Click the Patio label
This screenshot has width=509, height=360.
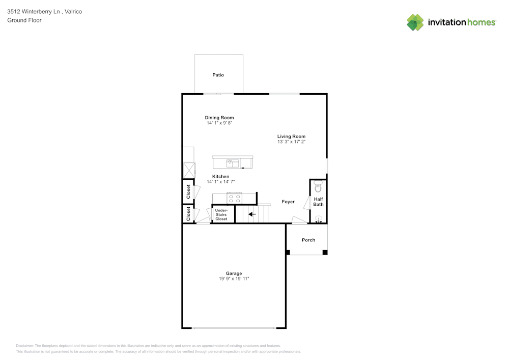coord(218,75)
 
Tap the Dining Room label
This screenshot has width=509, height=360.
coord(219,118)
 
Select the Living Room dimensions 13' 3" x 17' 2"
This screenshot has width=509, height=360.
coord(291,142)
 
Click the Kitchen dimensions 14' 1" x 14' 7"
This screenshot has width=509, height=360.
coord(220,182)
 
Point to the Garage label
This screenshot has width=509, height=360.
coord(234,273)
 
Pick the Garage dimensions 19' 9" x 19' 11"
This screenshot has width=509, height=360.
coord(234,279)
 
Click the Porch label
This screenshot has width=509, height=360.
coord(308,240)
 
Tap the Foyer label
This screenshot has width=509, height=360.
coord(288,202)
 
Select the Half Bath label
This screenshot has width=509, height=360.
coord(318,202)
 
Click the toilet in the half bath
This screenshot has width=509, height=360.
coord(319,186)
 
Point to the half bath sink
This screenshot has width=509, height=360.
coord(319,219)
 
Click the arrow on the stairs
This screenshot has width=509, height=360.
coord(251,214)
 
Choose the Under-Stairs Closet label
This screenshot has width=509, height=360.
coord(221,214)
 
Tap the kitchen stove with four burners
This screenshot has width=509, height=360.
coord(235,198)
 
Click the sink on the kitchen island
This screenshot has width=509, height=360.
coord(233,163)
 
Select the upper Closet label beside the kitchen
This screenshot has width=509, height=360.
coord(188,191)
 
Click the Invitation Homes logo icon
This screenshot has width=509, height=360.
coord(415,22)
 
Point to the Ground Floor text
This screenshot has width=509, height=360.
coord(24,20)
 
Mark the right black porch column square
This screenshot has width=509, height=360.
coord(325,252)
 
